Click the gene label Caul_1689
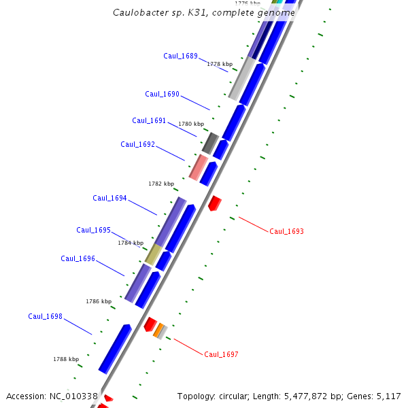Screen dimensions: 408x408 coord(180,56)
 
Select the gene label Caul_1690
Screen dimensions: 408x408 coord(162,95)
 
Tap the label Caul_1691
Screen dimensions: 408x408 coord(149,120)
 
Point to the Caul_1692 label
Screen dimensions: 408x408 coord(137,144)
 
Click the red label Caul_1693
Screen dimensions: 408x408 coord(286,231)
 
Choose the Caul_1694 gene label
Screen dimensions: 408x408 coord(109,198)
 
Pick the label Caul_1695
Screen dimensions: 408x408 coord(93,230)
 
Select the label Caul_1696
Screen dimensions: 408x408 coord(78,258)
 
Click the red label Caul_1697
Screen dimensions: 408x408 coord(221,354)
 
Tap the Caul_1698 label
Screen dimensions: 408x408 coord(45,316)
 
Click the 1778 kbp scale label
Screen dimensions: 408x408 coord(220,64)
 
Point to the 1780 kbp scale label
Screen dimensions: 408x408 coord(191,124)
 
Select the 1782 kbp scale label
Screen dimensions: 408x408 coord(161,184)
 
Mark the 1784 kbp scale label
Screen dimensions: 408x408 coord(131,243)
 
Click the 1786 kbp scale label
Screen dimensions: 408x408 coord(99,301)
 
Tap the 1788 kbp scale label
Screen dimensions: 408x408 coord(66,359)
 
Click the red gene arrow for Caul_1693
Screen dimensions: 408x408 coord(215,203)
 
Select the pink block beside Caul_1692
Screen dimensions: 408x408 coord(198,167)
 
